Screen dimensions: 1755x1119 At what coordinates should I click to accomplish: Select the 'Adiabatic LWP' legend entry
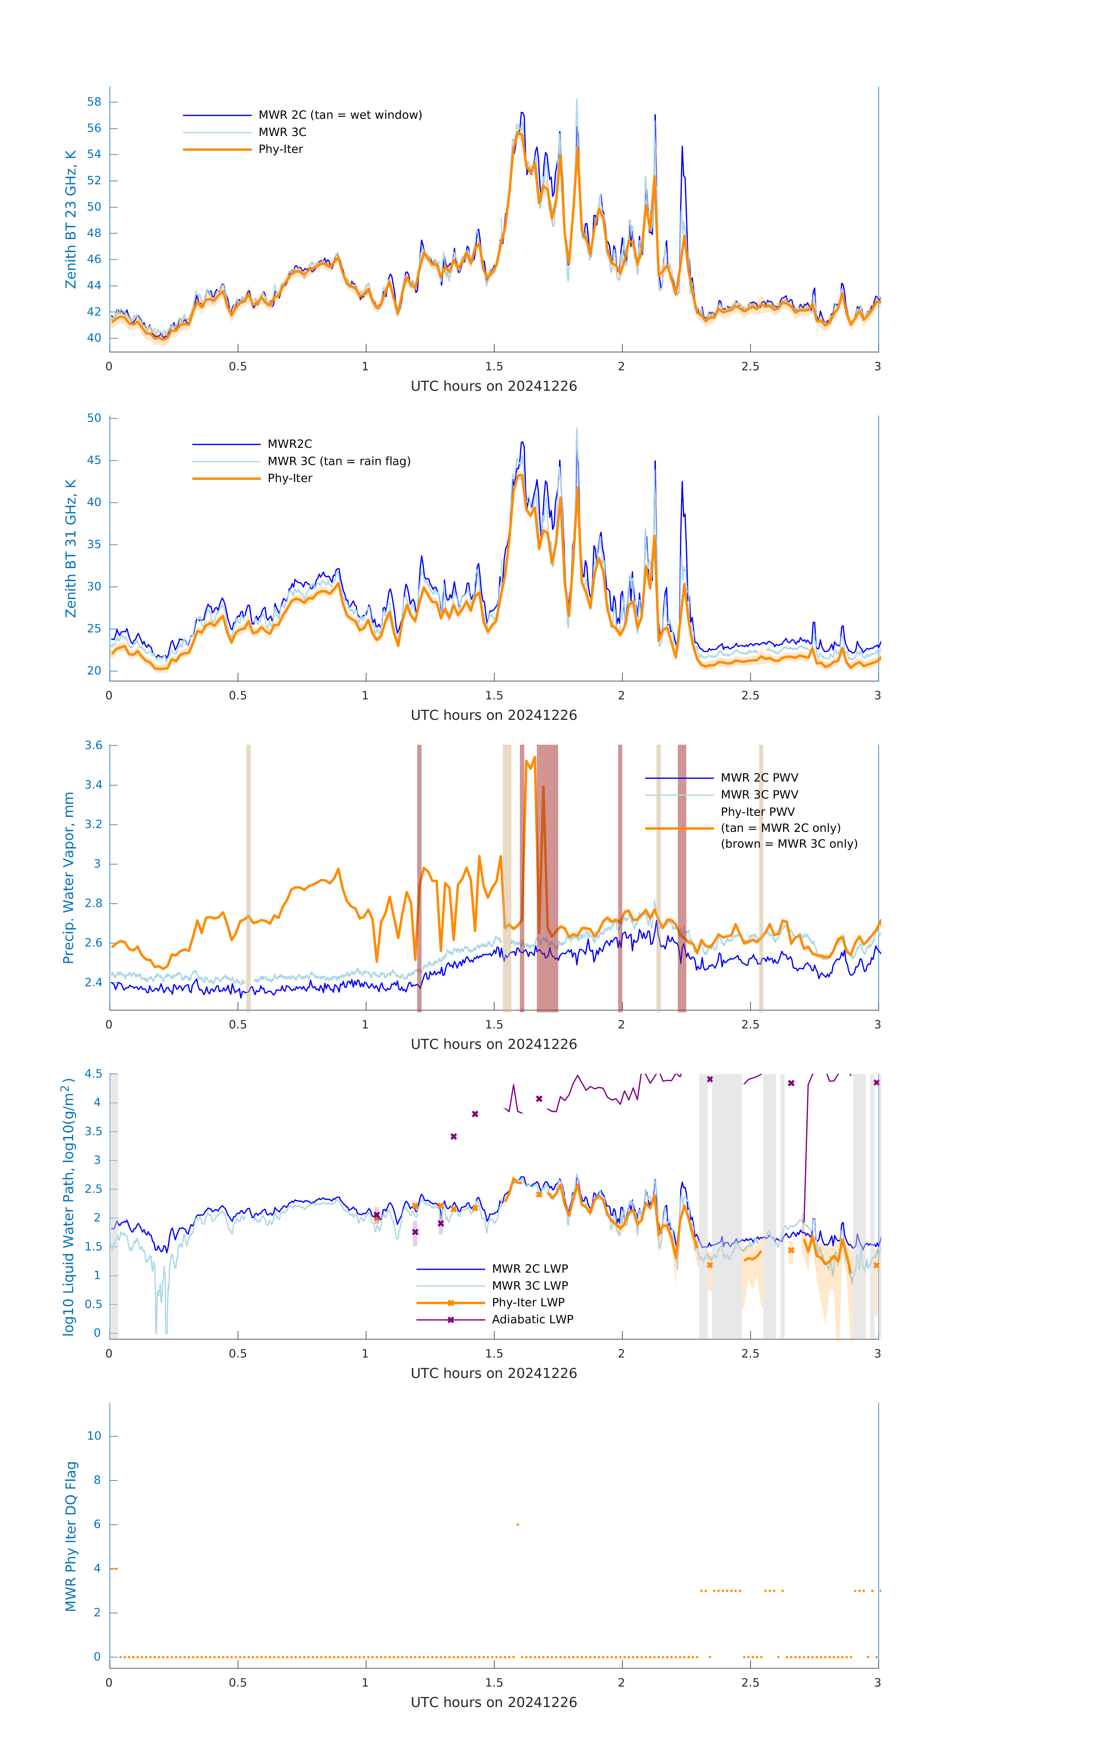[532, 1319]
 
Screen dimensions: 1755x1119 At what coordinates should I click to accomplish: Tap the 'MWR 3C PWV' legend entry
[759, 794]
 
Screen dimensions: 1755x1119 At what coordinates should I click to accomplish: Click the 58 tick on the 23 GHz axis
[94, 102]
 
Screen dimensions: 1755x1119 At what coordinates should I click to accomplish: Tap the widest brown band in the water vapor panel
[547, 878]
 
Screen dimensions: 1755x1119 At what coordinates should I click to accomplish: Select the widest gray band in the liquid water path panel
[727, 1206]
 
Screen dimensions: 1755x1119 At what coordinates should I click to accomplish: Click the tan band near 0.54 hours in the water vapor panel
[249, 878]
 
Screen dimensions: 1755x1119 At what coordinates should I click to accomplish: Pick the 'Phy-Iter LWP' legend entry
[528, 1303]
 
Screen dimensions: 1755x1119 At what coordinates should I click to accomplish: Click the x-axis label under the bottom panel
[494, 1703]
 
